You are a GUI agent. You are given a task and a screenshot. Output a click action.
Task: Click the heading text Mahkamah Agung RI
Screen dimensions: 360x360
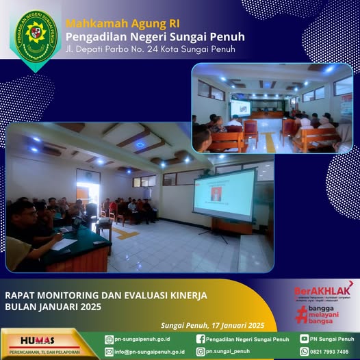coord(114,23)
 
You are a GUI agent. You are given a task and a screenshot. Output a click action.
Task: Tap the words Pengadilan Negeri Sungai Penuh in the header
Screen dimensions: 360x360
coord(155,36)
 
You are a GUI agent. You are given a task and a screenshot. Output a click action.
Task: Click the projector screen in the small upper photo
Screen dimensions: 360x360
coord(240,107)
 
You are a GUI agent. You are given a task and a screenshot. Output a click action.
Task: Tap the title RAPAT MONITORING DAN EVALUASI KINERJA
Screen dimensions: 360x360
coord(106,295)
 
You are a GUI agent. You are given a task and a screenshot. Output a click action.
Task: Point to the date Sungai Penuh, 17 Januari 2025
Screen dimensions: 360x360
coord(211,325)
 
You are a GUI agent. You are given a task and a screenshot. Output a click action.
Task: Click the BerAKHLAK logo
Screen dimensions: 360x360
coord(324,290)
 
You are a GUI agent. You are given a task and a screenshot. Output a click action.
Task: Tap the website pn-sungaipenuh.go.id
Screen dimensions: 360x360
coord(142,339)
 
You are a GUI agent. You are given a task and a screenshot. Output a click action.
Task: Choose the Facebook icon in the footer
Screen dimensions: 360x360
coord(201,339)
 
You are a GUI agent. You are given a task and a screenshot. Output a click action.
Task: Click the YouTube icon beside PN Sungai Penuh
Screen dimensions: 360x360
coord(304,339)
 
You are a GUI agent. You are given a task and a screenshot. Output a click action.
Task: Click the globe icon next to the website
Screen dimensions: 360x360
coord(109,339)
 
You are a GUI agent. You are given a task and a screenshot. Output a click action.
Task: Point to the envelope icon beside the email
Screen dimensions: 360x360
coord(109,352)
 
